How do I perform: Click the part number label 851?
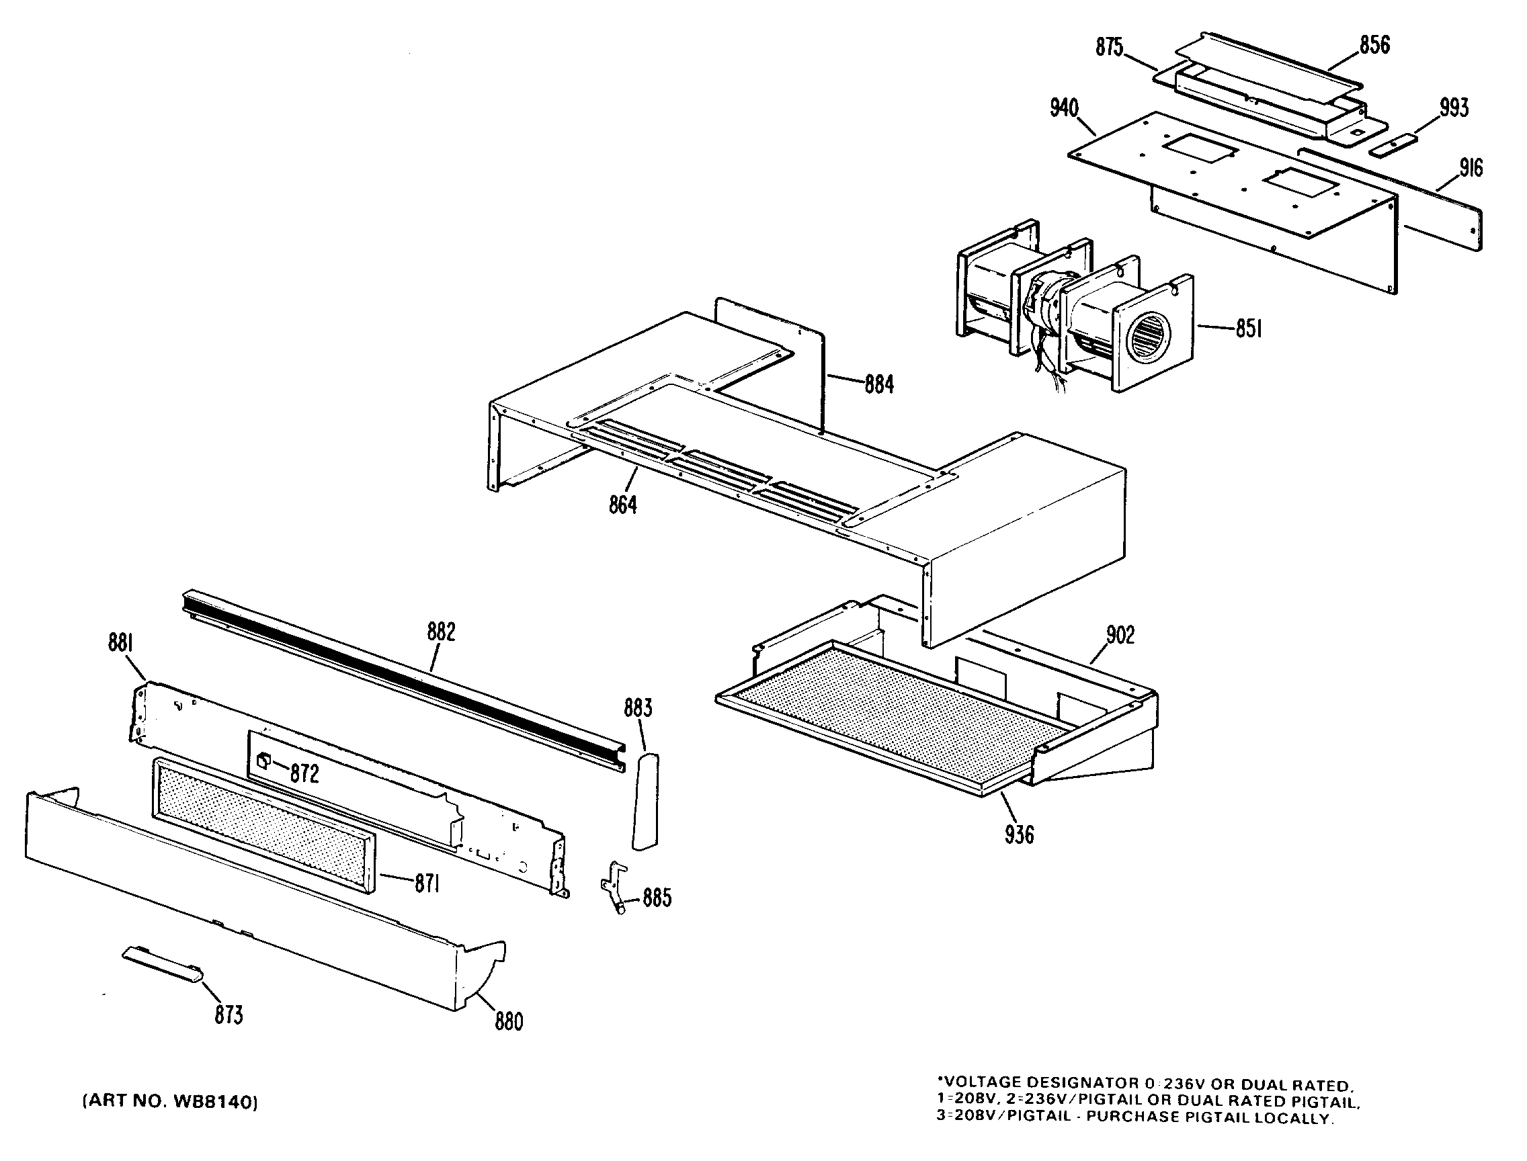[x=1249, y=329]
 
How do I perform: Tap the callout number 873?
[x=229, y=1015]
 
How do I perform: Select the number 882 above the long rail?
[x=441, y=632]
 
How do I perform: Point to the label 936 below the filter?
[x=1020, y=835]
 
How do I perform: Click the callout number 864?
[x=623, y=505]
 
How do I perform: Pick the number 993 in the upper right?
[x=1454, y=107]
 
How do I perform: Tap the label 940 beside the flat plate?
[x=1065, y=107]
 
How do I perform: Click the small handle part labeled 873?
[x=163, y=964]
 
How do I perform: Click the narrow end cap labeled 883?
[x=646, y=802]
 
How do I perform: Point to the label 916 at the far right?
[x=1471, y=168]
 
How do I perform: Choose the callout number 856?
[x=1374, y=45]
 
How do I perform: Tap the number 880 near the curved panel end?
[x=509, y=1021]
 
